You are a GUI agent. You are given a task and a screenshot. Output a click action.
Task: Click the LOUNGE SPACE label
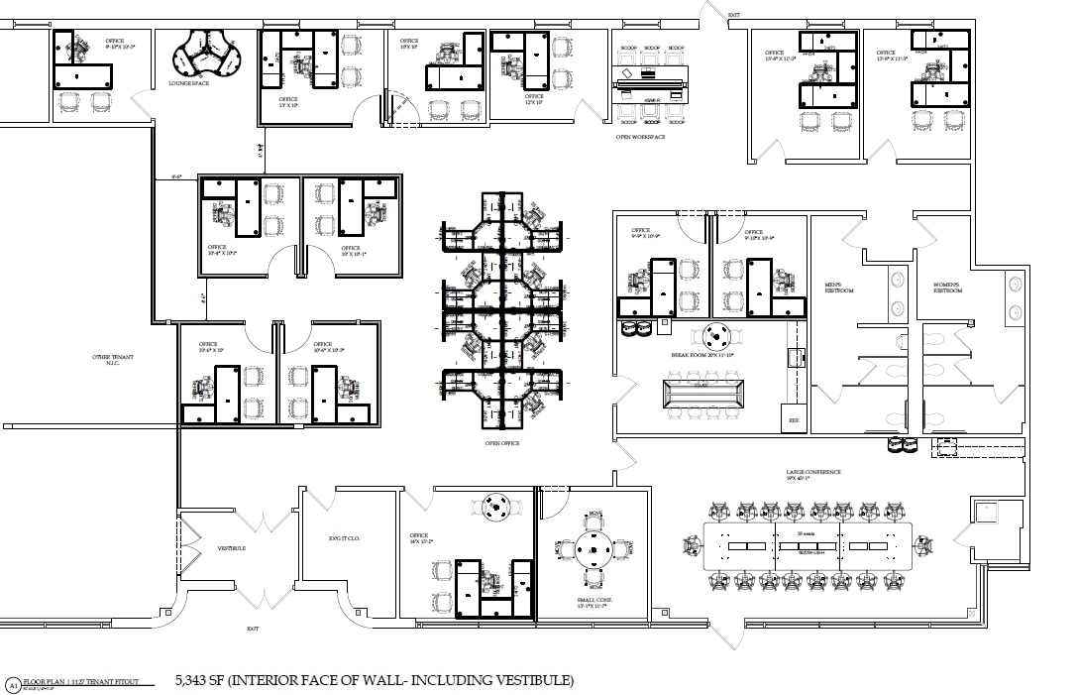188,84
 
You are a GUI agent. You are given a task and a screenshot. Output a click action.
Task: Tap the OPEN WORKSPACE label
640,137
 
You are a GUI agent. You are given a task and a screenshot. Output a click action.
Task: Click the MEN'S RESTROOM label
839,290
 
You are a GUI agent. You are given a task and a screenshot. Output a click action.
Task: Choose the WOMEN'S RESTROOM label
947,290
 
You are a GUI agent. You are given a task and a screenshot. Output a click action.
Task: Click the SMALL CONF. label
592,601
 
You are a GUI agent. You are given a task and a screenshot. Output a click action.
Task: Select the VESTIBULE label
231,548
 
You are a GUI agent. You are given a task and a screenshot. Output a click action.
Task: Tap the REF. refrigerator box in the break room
794,418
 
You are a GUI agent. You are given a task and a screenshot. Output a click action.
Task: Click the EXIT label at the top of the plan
734,15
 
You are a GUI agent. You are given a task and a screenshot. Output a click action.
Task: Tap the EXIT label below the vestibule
254,629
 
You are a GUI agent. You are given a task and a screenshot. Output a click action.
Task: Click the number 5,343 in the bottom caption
194,680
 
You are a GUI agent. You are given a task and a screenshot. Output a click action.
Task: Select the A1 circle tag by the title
13,685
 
